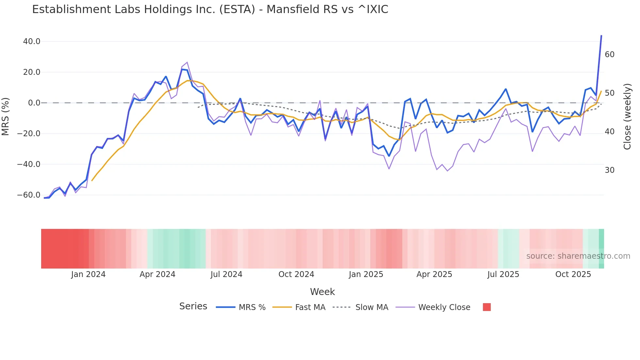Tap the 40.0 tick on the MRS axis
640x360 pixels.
32,41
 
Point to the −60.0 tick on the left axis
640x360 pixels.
29,195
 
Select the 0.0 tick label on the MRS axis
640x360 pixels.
34,103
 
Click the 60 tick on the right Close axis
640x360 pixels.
610,55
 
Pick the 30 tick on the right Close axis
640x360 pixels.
610,170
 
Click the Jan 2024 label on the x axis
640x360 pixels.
88,274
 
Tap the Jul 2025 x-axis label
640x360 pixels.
503,274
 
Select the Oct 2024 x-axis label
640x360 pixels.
296,274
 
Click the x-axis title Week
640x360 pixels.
322,292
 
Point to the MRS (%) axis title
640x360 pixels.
6,116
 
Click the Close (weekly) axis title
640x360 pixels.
627,117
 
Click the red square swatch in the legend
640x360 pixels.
487,307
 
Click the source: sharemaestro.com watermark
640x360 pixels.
578,256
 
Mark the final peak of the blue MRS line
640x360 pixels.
601,36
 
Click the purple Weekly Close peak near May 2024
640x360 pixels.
187,62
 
